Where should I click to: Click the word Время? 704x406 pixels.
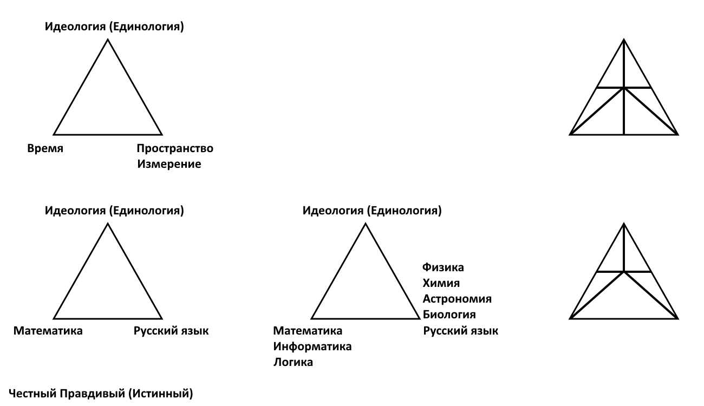[x=45, y=148]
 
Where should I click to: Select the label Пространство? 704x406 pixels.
[x=175, y=148]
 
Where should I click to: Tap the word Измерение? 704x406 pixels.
[x=169, y=164]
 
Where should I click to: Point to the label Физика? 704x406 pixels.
[x=443, y=267]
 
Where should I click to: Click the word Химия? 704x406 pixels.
[x=441, y=283]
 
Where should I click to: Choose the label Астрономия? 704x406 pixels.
[x=457, y=299]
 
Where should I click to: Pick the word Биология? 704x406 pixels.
[x=449, y=315]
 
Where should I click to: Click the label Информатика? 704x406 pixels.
[x=312, y=346]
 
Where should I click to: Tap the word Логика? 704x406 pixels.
[x=293, y=362]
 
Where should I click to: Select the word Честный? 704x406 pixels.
[x=32, y=394]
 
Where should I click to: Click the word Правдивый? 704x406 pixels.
[x=93, y=394]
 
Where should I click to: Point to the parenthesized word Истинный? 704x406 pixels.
[x=161, y=394]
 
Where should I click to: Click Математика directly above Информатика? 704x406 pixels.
[x=308, y=331]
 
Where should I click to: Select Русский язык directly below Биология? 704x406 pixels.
[x=461, y=331]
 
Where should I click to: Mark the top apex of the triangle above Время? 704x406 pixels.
[x=108, y=40]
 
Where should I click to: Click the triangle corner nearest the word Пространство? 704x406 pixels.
[x=162, y=135]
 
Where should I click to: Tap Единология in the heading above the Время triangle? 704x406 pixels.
[x=146, y=27]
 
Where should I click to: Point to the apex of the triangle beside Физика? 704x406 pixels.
[x=366, y=224]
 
